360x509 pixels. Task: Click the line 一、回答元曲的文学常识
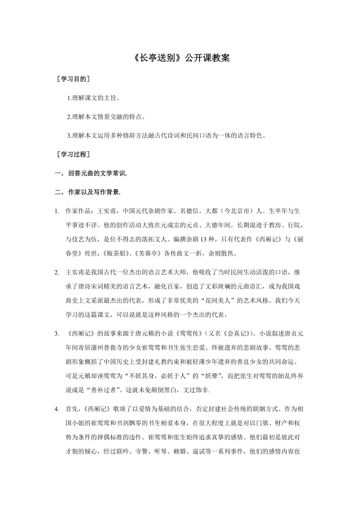[x=90, y=174]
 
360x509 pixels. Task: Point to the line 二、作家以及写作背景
[x=87, y=192]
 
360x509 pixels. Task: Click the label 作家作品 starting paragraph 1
[x=77, y=211]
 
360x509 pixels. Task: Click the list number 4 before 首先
[x=56, y=410]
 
